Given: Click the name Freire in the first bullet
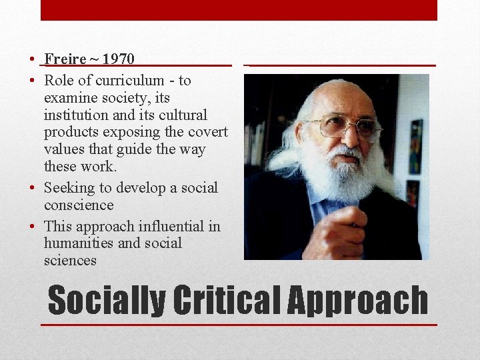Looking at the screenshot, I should (65, 59).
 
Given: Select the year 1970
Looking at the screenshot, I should (119, 59).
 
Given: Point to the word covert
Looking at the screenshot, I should (207, 132).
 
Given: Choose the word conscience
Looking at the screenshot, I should (79, 205).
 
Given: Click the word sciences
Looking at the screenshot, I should (70, 261).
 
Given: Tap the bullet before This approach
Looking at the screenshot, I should (32, 227).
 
